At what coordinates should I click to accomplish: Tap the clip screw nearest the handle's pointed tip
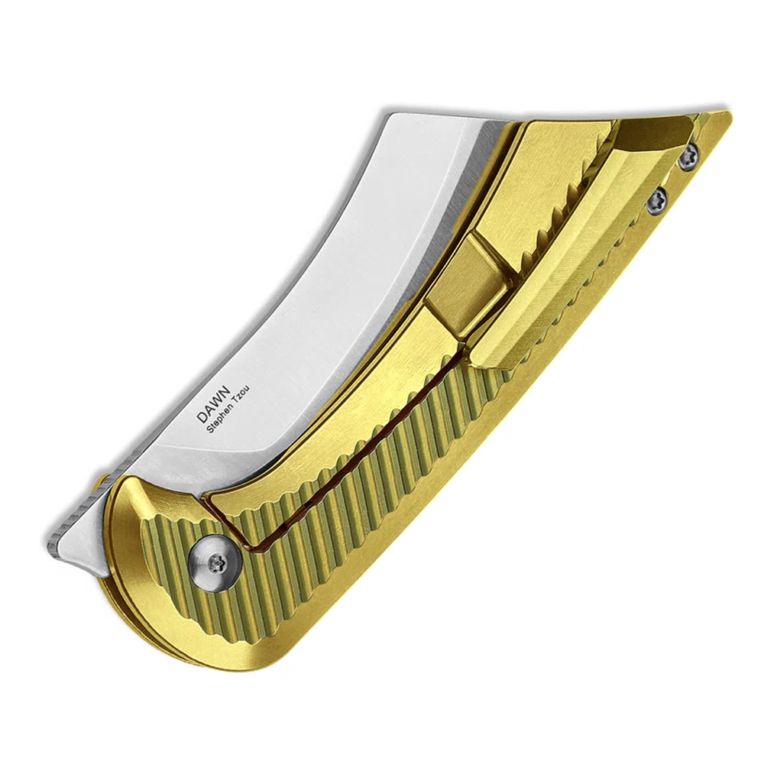(x=689, y=155)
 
